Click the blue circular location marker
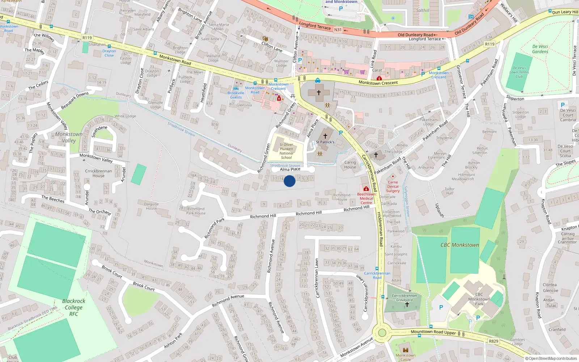pyautogui.click(x=289, y=181)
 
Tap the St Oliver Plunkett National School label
pyautogui.click(x=286, y=151)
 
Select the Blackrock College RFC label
pyautogui.click(x=74, y=307)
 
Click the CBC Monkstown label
pyautogui.click(x=460, y=245)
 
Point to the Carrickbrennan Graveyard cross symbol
pyautogui.click(x=407, y=305)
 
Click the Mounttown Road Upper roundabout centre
pyautogui.click(x=381, y=333)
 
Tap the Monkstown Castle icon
pyautogui.click(x=405, y=350)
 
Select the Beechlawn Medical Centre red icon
pyautogui.click(x=366, y=189)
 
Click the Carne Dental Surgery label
pyautogui.click(x=393, y=186)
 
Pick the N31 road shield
pyautogui.click(x=338, y=30)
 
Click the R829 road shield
pyautogui.click(x=494, y=341)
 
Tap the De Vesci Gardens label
pyautogui.click(x=540, y=49)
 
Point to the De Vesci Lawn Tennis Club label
pyautogui.click(x=519, y=72)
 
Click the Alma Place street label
pyautogui.click(x=290, y=169)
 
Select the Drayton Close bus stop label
pyautogui.click(x=109, y=53)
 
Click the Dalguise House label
pyautogui.click(x=151, y=206)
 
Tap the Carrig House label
pyautogui.click(x=350, y=165)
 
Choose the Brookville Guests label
pyautogui.click(x=236, y=95)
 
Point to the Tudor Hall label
pyautogui.click(x=449, y=191)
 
